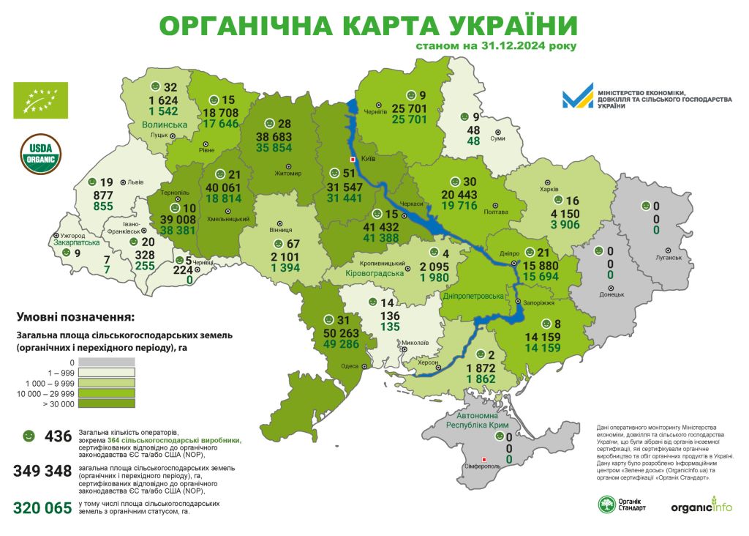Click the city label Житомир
click(x=287, y=174)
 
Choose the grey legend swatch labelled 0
click(x=108, y=362)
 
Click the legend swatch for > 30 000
click(x=108, y=403)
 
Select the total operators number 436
click(x=59, y=436)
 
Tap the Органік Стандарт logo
click(x=622, y=505)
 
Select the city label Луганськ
click(x=668, y=258)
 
